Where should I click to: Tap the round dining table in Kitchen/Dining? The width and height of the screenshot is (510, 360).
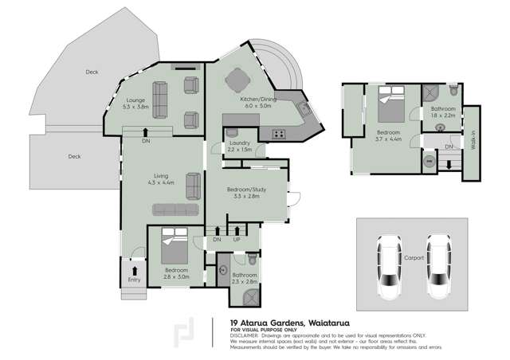click(x=237, y=80)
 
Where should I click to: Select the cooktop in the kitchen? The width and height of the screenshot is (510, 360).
click(x=280, y=133)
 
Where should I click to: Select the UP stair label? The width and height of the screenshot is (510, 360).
click(x=237, y=239)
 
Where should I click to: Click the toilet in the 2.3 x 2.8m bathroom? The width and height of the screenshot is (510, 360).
click(x=252, y=260)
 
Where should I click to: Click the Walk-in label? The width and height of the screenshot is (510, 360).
click(x=472, y=143)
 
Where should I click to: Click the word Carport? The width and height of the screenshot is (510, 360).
click(x=414, y=257)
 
